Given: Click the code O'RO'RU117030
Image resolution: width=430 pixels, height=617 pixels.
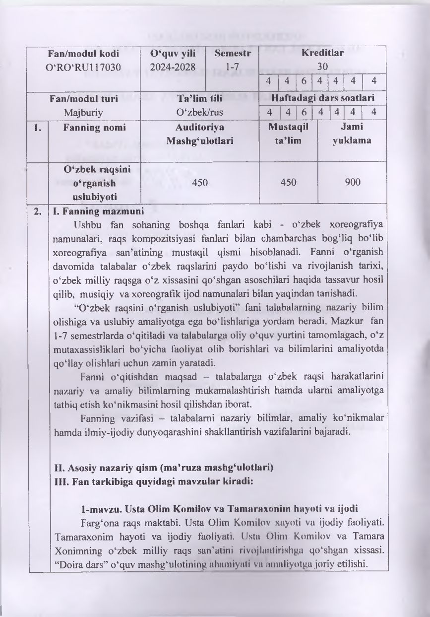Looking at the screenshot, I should click(84, 67).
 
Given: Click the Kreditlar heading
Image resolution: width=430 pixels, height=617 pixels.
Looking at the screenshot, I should click(322, 53).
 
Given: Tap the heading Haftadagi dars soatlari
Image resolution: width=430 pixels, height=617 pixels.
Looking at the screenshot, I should click(322, 98).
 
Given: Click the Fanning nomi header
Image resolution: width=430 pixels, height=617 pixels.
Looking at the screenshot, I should click(94, 128).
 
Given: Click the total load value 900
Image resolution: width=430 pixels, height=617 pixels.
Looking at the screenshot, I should click(352, 182).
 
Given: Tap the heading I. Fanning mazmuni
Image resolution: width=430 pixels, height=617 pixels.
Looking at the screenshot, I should click(92, 210).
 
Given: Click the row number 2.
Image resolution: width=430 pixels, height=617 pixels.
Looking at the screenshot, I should click(37, 210).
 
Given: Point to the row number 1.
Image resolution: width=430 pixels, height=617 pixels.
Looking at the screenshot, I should click(37, 128).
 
